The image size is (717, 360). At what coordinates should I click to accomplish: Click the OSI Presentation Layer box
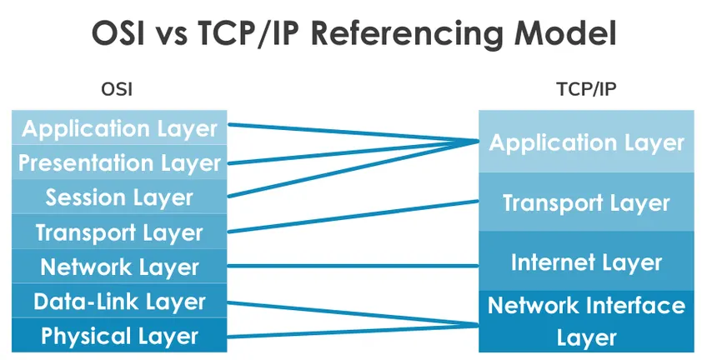click(119, 162)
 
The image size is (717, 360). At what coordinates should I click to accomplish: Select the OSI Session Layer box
click(119, 197)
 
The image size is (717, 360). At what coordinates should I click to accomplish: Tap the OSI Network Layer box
click(119, 267)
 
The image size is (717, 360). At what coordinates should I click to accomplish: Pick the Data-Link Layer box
click(119, 302)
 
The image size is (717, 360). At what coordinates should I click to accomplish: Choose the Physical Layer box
click(119, 337)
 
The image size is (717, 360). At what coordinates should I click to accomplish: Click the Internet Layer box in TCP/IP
click(586, 262)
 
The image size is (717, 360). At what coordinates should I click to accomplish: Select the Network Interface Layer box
click(586, 321)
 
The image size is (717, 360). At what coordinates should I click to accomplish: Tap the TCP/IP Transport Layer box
click(586, 202)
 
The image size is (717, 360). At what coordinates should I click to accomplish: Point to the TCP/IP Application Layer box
click(586, 142)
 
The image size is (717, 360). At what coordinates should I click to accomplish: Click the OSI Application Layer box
click(119, 128)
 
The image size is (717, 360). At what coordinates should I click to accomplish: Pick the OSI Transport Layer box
click(119, 232)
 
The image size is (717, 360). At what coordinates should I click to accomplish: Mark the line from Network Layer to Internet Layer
click(350, 267)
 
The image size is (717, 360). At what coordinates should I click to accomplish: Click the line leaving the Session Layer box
click(350, 170)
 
